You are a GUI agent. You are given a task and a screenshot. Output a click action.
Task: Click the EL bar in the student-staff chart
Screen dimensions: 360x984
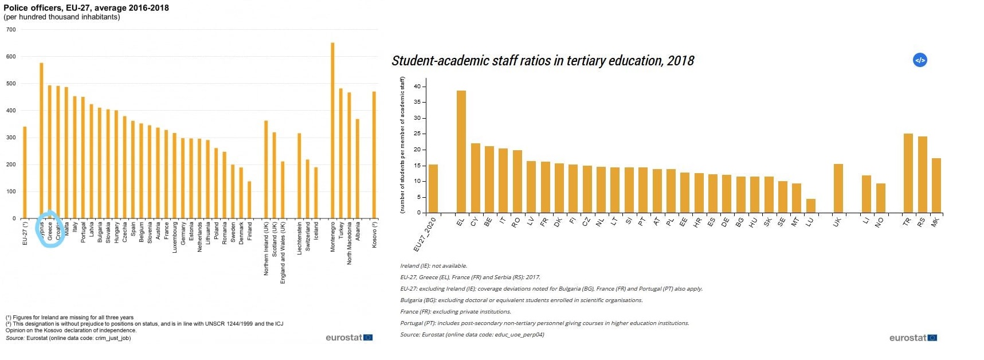click(461, 152)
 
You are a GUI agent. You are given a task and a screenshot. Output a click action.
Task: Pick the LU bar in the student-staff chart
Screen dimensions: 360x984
click(810, 206)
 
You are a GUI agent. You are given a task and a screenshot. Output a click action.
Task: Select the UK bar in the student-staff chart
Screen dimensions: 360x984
click(838, 189)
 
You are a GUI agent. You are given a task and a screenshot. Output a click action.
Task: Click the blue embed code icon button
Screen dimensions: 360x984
click(920, 60)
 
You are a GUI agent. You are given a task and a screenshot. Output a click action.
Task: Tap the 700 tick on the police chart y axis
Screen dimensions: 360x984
click(11, 30)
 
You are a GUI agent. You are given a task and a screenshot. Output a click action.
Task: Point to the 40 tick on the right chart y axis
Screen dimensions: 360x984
click(417, 87)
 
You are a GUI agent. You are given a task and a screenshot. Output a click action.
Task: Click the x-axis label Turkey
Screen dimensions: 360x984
click(341, 234)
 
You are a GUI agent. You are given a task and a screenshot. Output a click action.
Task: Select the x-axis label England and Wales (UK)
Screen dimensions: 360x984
click(283, 252)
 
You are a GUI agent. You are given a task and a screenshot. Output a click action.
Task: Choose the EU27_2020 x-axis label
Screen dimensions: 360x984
click(426, 234)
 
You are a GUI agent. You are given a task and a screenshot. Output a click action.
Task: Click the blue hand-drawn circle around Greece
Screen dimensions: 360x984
click(50, 229)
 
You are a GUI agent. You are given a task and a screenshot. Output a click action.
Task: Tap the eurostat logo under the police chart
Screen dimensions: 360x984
click(349, 338)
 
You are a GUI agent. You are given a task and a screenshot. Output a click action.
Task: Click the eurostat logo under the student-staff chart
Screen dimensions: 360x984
click(913, 338)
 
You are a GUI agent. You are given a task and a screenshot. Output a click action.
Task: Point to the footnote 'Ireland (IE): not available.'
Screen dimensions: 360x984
click(434, 266)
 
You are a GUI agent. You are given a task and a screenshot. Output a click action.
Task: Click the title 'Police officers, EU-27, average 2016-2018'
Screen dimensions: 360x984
click(87, 8)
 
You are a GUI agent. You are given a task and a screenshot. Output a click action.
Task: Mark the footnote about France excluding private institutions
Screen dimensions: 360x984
click(456, 312)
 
